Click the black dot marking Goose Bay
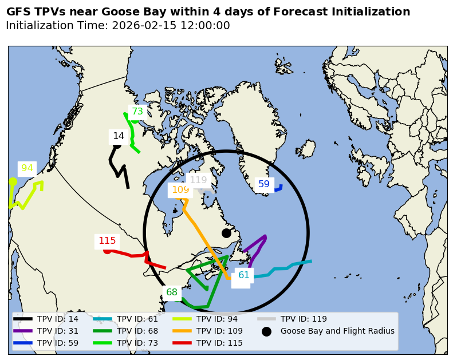226,233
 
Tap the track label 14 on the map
119,136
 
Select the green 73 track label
137,112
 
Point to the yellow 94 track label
27,168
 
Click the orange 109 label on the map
180,190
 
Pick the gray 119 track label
198,180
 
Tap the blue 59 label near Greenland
264,184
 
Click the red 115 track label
107,241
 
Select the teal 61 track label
244,275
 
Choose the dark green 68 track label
172,292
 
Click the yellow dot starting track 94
13,181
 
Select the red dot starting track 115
107,250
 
